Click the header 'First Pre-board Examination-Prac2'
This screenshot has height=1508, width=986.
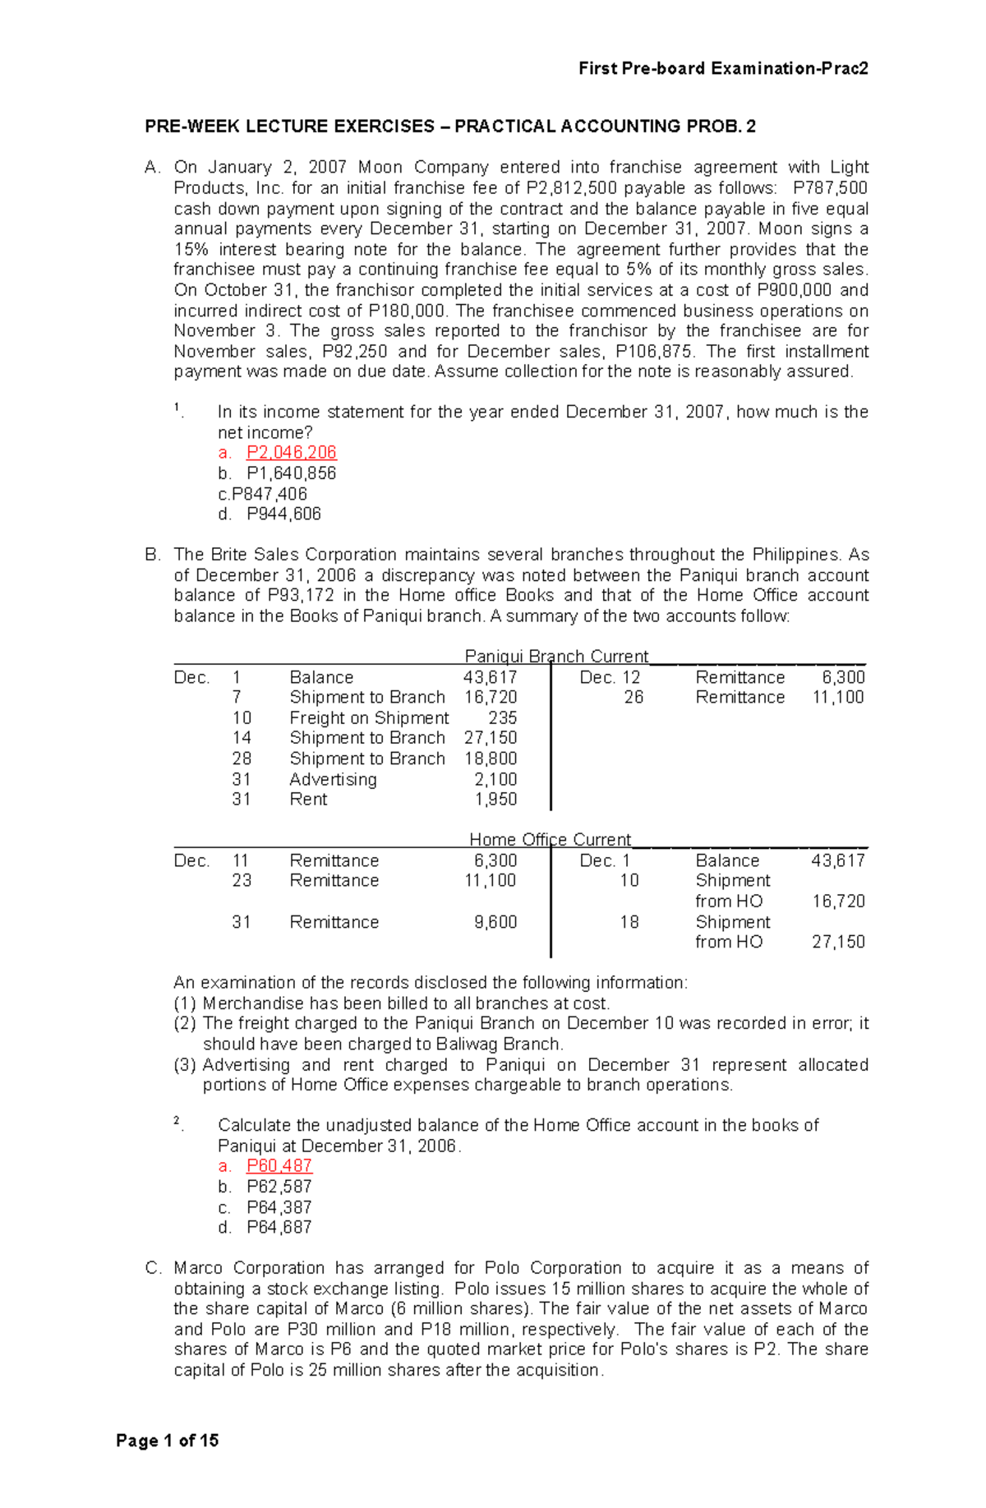(723, 68)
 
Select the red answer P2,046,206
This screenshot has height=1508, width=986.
(291, 453)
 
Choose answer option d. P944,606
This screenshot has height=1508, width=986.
(283, 514)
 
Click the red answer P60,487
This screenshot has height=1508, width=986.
(279, 1165)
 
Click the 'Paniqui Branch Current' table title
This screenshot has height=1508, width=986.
(556, 656)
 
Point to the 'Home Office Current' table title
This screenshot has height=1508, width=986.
(550, 839)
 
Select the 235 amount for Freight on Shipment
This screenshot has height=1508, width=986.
(502, 717)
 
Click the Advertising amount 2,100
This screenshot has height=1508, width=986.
(495, 779)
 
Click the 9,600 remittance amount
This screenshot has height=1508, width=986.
(495, 922)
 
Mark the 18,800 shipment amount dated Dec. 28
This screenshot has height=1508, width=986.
(491, 759)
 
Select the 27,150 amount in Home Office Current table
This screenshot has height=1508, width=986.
(838, 942)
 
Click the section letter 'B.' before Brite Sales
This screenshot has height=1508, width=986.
(153, 555)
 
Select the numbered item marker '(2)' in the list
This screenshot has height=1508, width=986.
(185, 1023)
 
